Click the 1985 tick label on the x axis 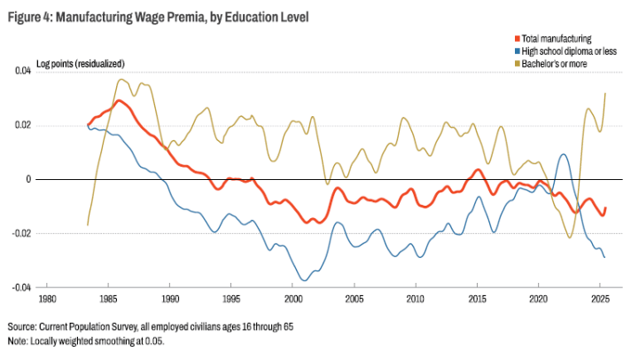tap(108, 299)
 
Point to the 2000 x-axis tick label tap(292, 299)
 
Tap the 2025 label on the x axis tap(600, 299)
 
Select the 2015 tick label tap(477, 299)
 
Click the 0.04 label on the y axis tap(23, 71)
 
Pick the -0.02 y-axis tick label tap(21, 233)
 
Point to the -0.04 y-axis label tap(21, 287)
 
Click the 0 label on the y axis tap(28, 180)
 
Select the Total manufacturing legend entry tap(553, 39)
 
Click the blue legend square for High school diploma tap(518, 51)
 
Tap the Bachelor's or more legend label tap(554, 64)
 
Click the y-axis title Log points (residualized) tap(81, 64)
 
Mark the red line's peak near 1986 tap(119, 101)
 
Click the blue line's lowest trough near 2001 tap(305, 280)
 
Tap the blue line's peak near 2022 tap(564, 154)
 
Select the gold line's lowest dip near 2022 tap(570, 237)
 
